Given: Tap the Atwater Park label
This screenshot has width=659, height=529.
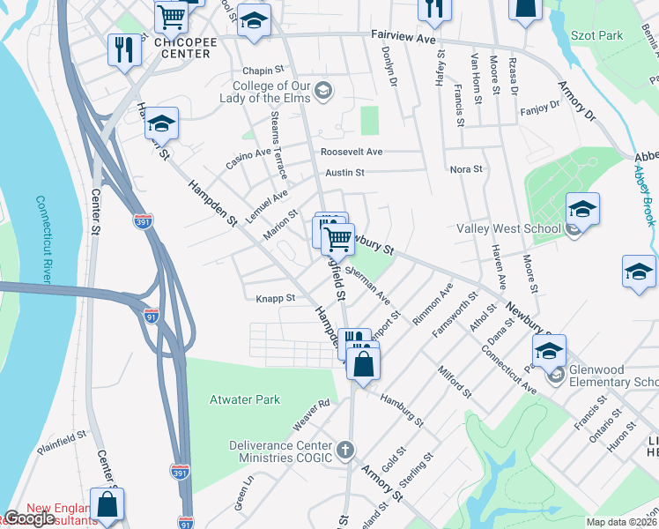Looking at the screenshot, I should click(244, 399).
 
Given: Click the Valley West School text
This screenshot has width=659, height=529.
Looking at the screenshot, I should click(508, 229).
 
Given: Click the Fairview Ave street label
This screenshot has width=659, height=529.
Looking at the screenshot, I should click(404, 40).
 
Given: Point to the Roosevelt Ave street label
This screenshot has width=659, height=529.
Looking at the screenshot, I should click(351, 152).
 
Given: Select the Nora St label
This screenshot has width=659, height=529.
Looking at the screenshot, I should click(466, 169).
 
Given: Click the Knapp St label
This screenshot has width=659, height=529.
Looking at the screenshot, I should click(275, 298).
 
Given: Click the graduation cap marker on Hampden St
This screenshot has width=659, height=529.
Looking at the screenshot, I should click(162, 123).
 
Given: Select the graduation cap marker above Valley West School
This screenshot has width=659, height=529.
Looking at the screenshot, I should click(582, 210).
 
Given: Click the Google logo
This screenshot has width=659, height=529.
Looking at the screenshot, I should click(28, 518).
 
